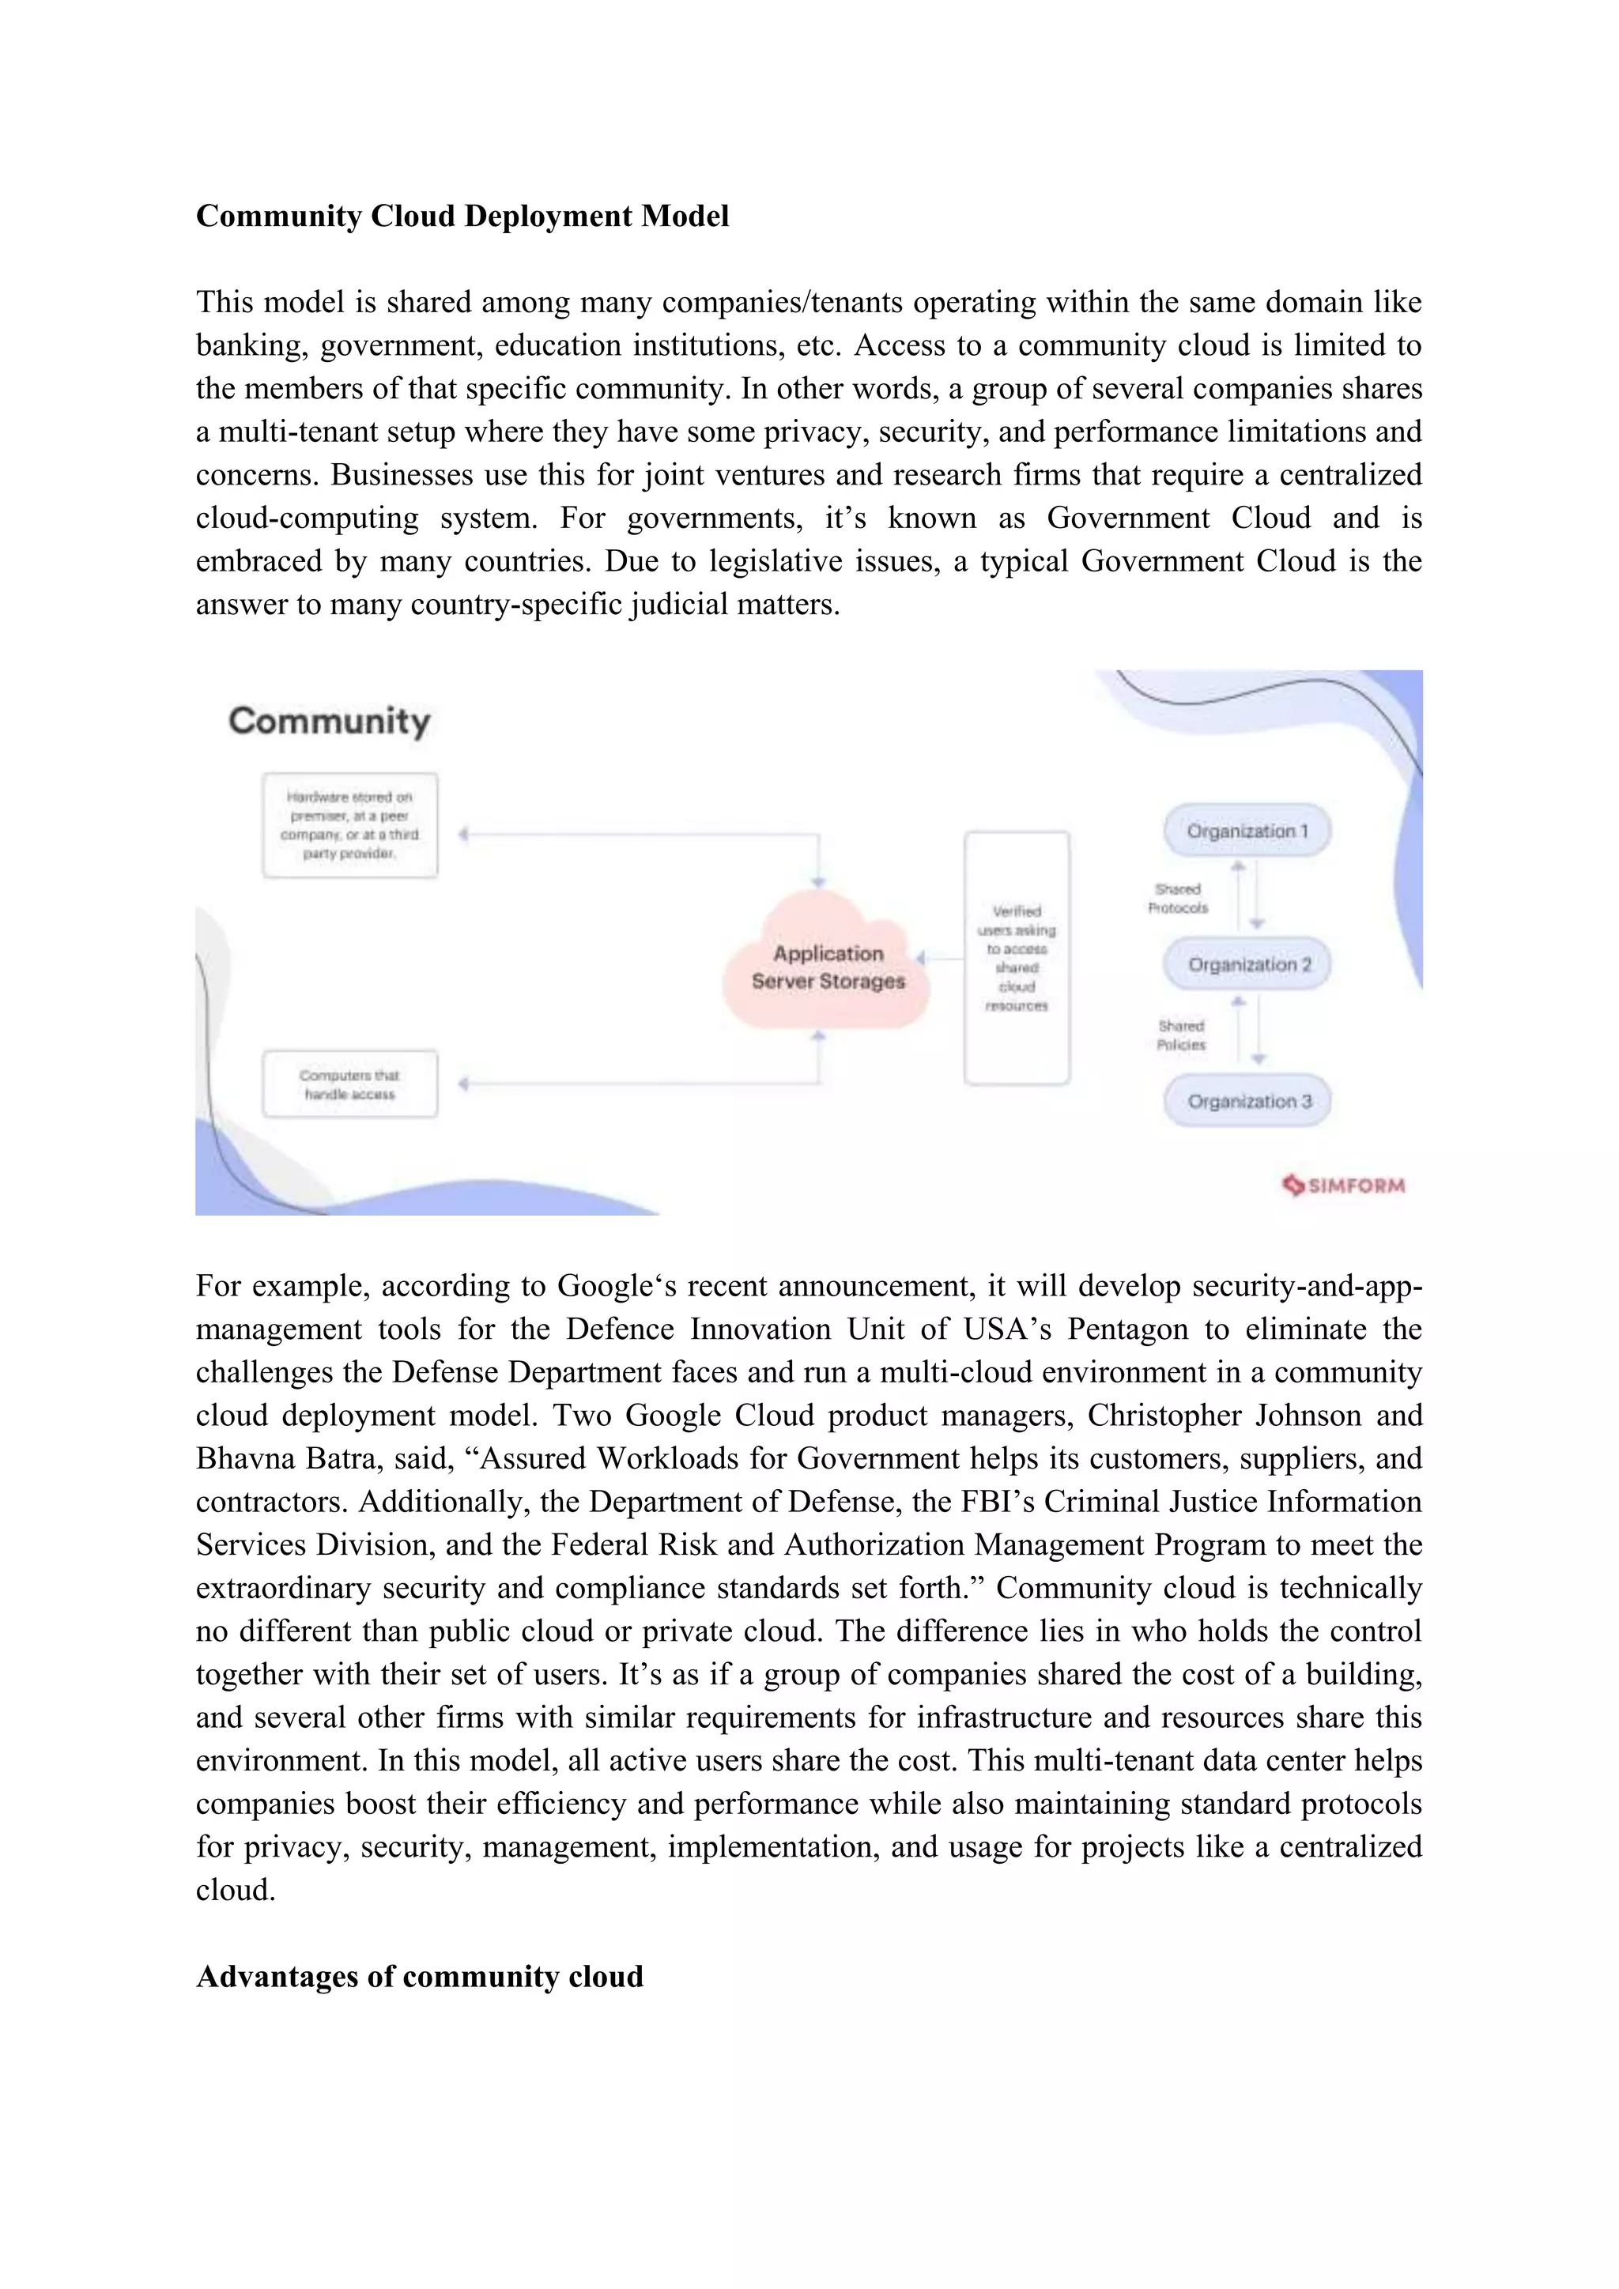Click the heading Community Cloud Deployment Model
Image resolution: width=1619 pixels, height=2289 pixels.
pyautogui.click(x=462, y=217)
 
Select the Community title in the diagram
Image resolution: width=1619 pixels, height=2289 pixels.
pyautogui.click(x=329, y=721)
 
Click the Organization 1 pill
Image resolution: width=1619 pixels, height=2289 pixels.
pyautogui.click(x=1247, y=831)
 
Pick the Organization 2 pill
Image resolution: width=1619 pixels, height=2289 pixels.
pyautogui.click(x=1248, y=964)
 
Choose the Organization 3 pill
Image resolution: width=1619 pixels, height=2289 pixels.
pyautogui.click(x=1248, y=1101)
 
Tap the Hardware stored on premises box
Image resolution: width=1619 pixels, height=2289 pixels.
pyautogui.click(x=350, y=824)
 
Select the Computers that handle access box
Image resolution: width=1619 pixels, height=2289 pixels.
pyautogui.click(x=350, y=1084)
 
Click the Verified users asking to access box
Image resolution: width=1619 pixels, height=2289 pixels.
pyautogui.click(x=1016, y=958)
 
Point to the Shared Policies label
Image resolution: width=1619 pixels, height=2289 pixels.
pyautogui.click(x=1180, y=1035)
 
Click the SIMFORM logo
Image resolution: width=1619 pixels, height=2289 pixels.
pyautogui.click(x=1343, y=1186)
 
